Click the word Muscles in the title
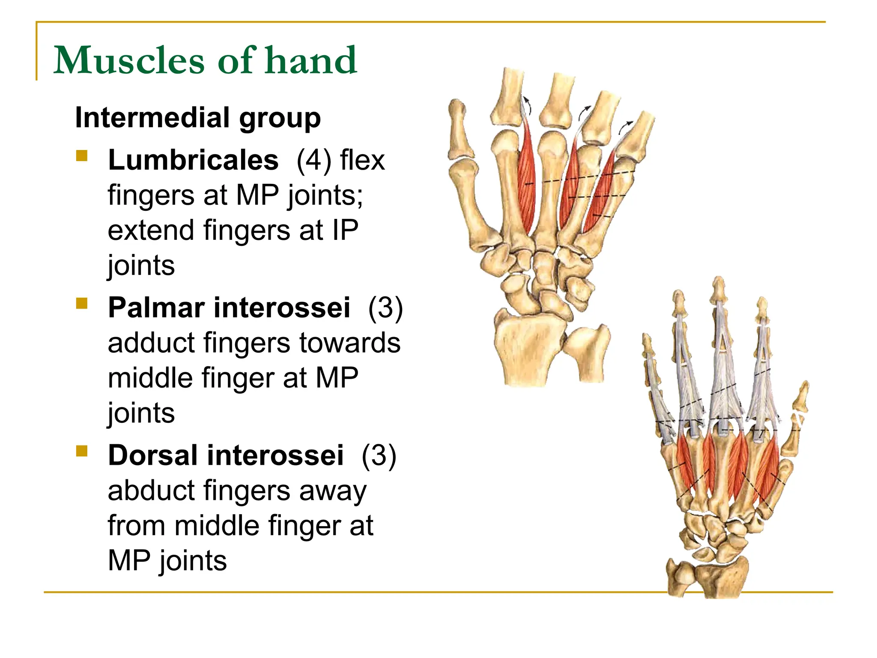(129, 60)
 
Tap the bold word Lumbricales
(193, 160)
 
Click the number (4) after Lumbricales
(314, 160)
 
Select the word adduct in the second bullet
(152, 343)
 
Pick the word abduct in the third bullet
(152, 491)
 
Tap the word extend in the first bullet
(152, 230)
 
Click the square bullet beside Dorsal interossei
(81, 451)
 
